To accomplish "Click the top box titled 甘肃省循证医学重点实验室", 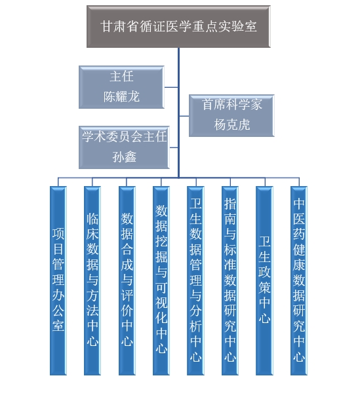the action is (x=178, y=26).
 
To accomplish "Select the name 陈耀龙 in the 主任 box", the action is (x=121, y=97).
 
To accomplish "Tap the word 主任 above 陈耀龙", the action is (x=121, y=77).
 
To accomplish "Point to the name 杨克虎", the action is (x=231, y=124).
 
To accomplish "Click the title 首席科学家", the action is (x=231, y=105).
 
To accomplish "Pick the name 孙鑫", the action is (x=124, y=157).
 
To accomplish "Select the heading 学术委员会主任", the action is (x=124, y=137).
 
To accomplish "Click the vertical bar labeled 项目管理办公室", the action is (x=58, y=280).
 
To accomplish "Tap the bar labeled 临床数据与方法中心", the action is (x=92, y=280).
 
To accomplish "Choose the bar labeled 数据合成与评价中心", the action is (x=127, y=280).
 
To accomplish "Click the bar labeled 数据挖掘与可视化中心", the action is (x=161, y=280).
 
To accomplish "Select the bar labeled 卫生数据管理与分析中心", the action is (x=195, y=280).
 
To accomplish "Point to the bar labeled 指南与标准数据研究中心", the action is (x=230, y=280).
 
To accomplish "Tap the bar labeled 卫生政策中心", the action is (x=264, y=280).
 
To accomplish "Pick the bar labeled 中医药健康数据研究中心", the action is (x=299, y=280).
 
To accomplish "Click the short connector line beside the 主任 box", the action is (x=171, y=87).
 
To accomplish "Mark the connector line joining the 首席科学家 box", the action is (x=184, y=116).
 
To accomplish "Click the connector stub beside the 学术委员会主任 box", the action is (x=174, y=147).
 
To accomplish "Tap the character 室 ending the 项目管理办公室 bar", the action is (x=58, y=326).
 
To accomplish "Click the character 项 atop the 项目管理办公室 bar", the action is (x=58, y=234).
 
